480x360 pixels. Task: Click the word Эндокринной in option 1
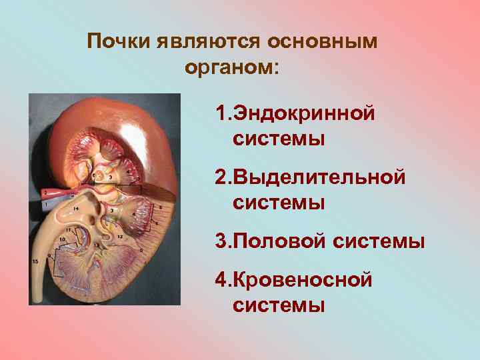point(303,113)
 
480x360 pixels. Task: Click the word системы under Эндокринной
point(279,139)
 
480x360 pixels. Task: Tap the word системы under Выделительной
point(279,203)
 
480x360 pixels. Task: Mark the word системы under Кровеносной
point(279,305)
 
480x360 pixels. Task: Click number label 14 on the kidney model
point(76,209)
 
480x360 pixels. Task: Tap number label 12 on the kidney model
point(120,237)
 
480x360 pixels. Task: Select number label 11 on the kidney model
point(68,230)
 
